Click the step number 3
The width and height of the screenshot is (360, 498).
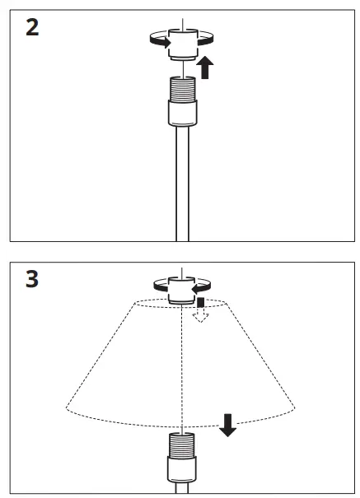point(31,279)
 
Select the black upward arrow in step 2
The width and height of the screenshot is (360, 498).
point(205,67)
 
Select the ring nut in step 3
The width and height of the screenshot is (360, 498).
point(180,291)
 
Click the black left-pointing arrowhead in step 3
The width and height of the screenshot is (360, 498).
point(196,290)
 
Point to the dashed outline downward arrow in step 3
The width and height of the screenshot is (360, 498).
point(198,316)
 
